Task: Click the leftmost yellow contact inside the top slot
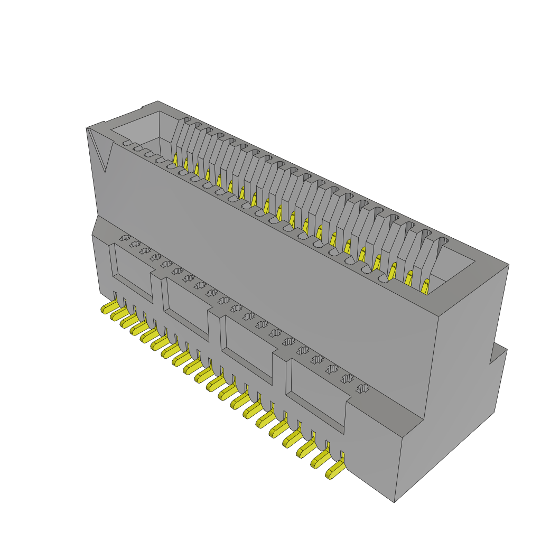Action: click(175, 157)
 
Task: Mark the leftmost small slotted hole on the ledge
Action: click(124, 238)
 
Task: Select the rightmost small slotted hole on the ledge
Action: click(362, 389)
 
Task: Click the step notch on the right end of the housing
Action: click(497, 354)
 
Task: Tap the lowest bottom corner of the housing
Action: click(394, 501)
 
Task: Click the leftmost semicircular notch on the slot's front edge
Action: click(127, 143)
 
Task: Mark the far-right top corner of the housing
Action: click(508, 265)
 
